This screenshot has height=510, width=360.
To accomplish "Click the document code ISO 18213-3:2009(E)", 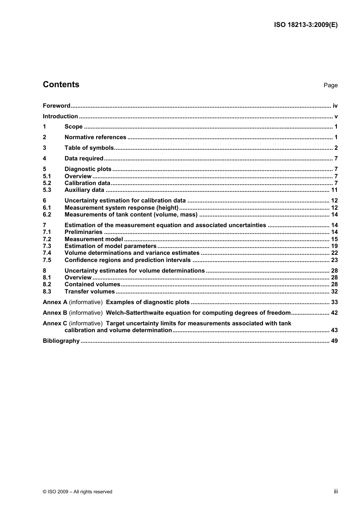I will [305, 25].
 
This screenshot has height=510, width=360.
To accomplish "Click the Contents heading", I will [61, 85].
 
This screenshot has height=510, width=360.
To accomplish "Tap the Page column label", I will [330, 85].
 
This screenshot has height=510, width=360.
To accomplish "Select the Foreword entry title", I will [56, 106].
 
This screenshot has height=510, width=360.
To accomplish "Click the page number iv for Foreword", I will [335, 106].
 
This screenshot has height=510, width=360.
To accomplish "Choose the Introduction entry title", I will [60, 116].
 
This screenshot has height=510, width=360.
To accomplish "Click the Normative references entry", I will [95, 137].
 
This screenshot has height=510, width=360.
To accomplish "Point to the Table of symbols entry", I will [89, 148].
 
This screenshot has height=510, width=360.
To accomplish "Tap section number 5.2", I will [47, 183].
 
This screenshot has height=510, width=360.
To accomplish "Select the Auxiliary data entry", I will [84, 190].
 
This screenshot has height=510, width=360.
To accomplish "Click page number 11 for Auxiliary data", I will [334, 190].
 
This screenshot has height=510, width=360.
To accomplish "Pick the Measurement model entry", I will [94, 239].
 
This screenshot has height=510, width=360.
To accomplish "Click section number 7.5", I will [47, 260].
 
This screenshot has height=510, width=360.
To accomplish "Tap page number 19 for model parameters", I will [334, 246].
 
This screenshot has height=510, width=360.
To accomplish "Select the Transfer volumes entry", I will [89, 292].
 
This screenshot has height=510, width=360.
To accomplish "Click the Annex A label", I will [55, 302].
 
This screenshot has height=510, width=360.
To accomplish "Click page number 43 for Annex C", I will [334, 330].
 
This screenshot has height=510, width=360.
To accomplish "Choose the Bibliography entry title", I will [61, 341].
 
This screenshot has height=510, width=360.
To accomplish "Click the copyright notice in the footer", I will [77, 492].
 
